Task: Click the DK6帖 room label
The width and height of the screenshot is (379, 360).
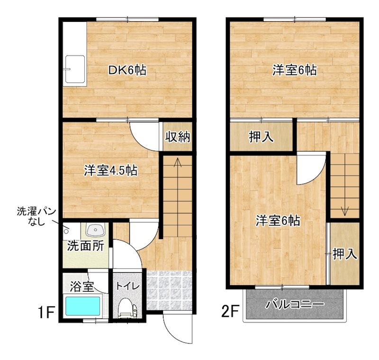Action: [127, 71]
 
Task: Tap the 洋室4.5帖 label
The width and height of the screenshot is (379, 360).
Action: [111, 170]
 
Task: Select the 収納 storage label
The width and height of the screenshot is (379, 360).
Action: [178, 137]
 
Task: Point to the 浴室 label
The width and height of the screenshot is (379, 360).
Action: [81, 286]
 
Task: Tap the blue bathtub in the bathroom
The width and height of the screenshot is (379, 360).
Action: [83, 306]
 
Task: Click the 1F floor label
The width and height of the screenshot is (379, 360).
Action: [47, 312]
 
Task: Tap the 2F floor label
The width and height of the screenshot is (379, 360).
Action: [230, 312]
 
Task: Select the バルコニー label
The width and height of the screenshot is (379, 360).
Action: [295, 304]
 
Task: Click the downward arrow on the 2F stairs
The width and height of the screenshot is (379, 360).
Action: [344, 209]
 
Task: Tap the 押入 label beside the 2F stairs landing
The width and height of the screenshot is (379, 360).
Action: [261, 137]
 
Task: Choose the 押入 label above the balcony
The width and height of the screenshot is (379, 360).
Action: [344, 254]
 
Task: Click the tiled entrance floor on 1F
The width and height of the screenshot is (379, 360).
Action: [169, 289]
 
